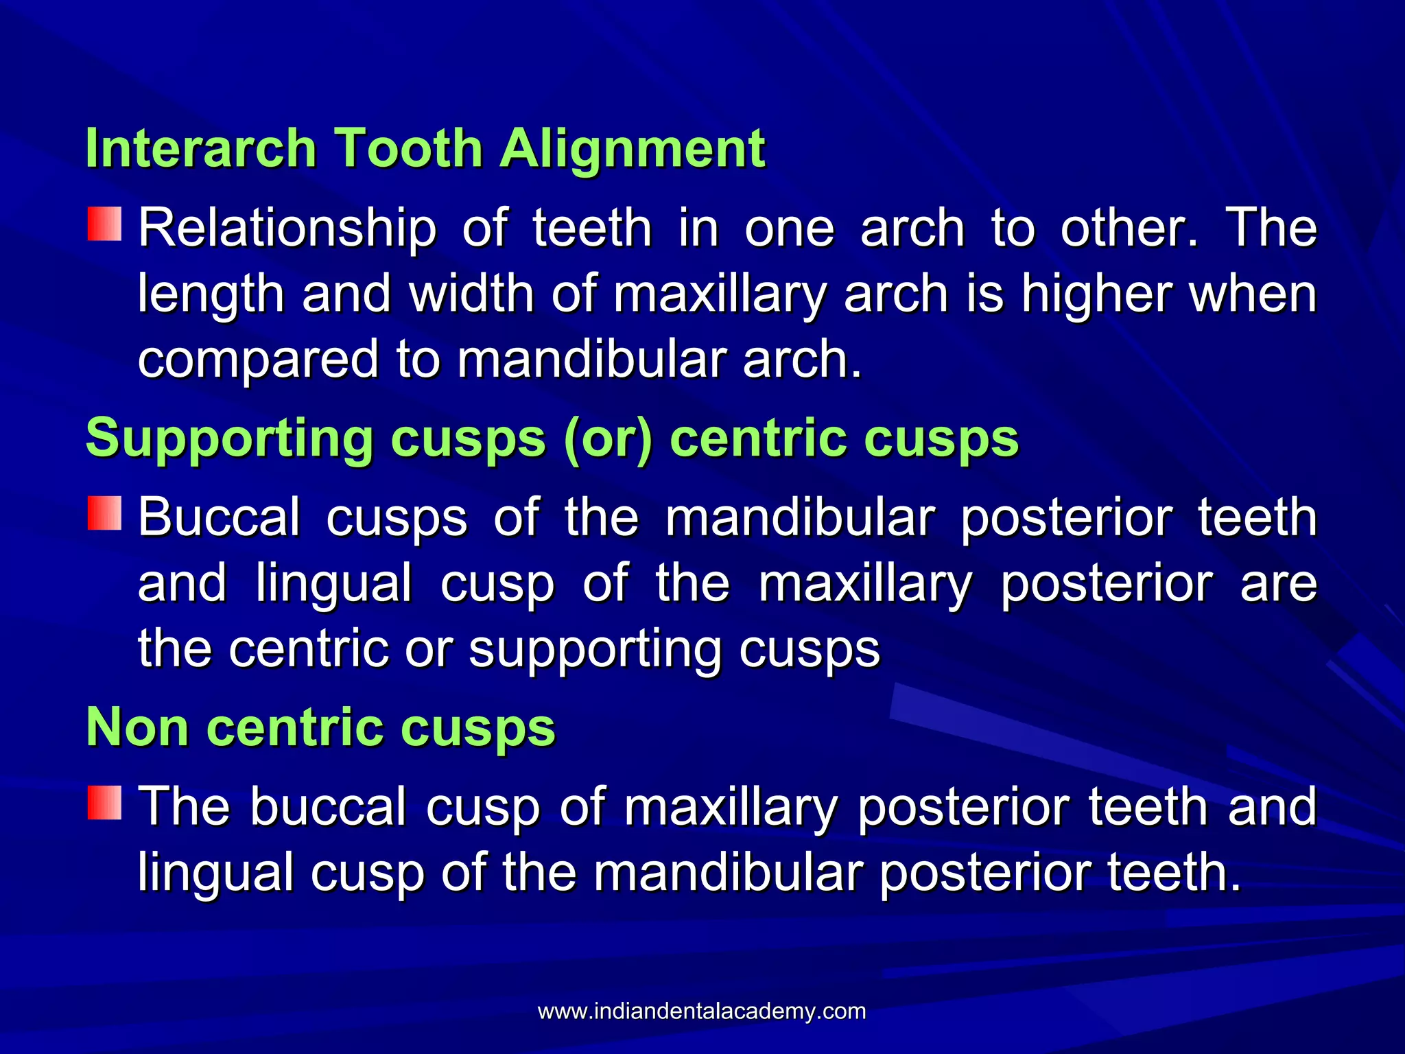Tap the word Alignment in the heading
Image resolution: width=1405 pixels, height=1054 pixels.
632,148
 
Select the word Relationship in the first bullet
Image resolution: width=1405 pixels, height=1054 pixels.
287,229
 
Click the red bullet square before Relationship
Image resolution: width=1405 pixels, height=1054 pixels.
104,224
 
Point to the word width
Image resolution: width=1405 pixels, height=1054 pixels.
472,294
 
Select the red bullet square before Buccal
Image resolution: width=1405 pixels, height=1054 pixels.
104,513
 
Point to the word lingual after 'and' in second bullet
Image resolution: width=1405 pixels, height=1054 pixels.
334,583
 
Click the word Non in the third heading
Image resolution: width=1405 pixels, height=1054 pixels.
137,727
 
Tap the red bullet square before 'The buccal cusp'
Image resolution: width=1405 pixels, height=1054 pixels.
104,803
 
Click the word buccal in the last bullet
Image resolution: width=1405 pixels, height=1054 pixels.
328,807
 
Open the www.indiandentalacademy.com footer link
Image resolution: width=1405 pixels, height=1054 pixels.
702,1011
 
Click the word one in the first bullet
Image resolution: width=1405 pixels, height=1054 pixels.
790,229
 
